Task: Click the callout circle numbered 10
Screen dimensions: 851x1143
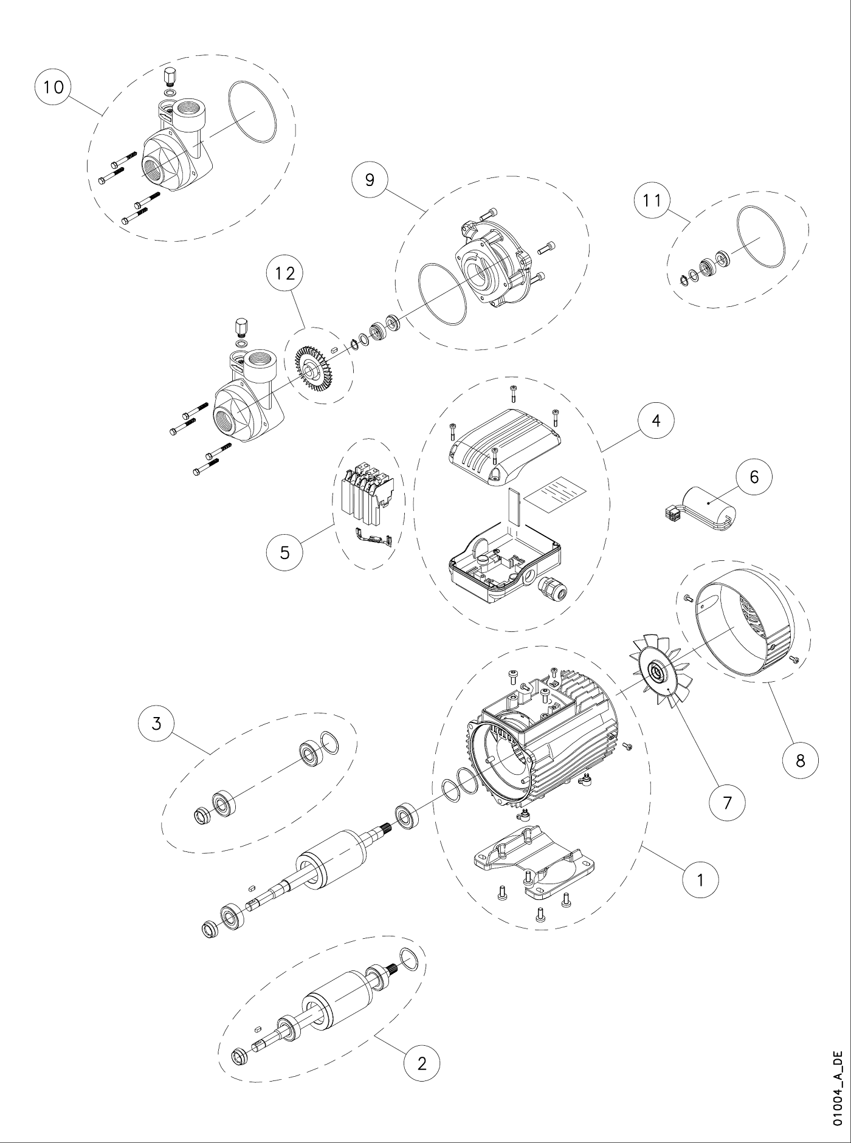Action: pyautogui.click(x=53, y=88)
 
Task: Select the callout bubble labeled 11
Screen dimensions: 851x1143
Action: pyautogui.click(x=652, y=200)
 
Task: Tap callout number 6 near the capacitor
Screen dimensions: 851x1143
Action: pyautogui.click(x=754, y=477)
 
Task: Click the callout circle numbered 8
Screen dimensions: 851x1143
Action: pyautogui.click(x=801, y=760)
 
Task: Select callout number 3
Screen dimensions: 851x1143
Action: pyautogui.click(x=157, y=724)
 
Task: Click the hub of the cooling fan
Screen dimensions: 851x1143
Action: pyautogui.click(x=658, y=672)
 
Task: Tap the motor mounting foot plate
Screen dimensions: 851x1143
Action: pyautogui.click(x=533, y=860)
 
